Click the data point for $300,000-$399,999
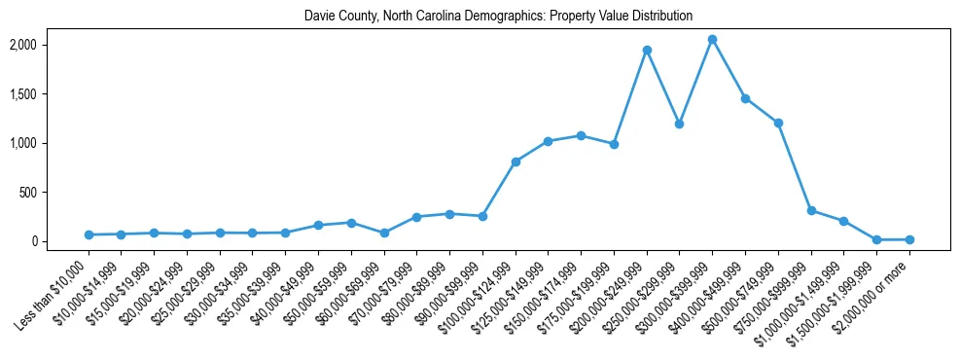tap(712, 39)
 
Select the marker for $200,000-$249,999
tap(647, 50)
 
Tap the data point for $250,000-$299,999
tap(679, 124)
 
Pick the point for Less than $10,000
tap(89, 234)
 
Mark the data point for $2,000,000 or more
tap(909, 239)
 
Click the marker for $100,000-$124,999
tap(516, 162)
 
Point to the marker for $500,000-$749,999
tap(778, 123)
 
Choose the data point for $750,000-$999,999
tap(811, 210)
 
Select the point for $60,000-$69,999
tap(384, 233)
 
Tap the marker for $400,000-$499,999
tap(745, 98)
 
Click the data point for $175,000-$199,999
tap(614, 144)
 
